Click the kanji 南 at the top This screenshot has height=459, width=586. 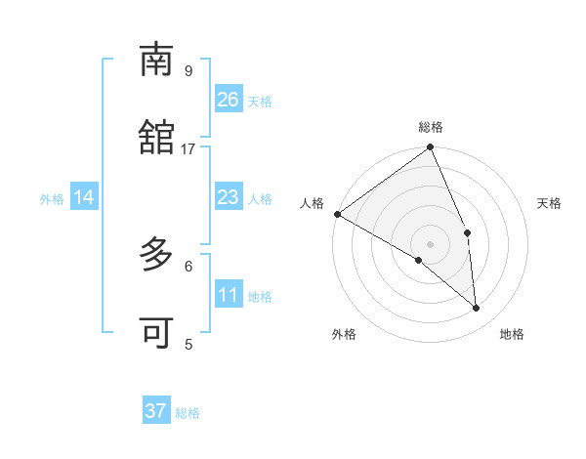(156, 60)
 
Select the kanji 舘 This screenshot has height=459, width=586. (156, 138)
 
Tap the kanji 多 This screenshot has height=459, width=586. (156, 256)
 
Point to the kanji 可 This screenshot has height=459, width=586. (156, 333)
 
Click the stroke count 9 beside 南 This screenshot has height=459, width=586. (188, 70)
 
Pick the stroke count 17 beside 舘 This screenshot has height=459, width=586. (188, 148)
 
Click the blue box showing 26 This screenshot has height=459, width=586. (229, 100)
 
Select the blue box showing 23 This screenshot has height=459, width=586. (229, 197)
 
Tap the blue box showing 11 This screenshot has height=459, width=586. (229, 295)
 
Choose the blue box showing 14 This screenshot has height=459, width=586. (84, 197)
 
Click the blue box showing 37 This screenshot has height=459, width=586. (156, 411)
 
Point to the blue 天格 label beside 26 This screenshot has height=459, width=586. (260, 102)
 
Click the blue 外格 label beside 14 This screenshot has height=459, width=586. (52, 199)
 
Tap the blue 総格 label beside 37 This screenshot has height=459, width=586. (188, 413)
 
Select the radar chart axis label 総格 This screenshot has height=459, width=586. (431, 127)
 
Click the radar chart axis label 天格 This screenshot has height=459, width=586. (549, 203)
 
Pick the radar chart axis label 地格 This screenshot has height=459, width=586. (512, 335)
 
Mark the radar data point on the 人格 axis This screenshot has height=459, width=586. (337, 214)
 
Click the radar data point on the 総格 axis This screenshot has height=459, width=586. (431, 148)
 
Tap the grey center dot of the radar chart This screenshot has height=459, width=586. (431, 243)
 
